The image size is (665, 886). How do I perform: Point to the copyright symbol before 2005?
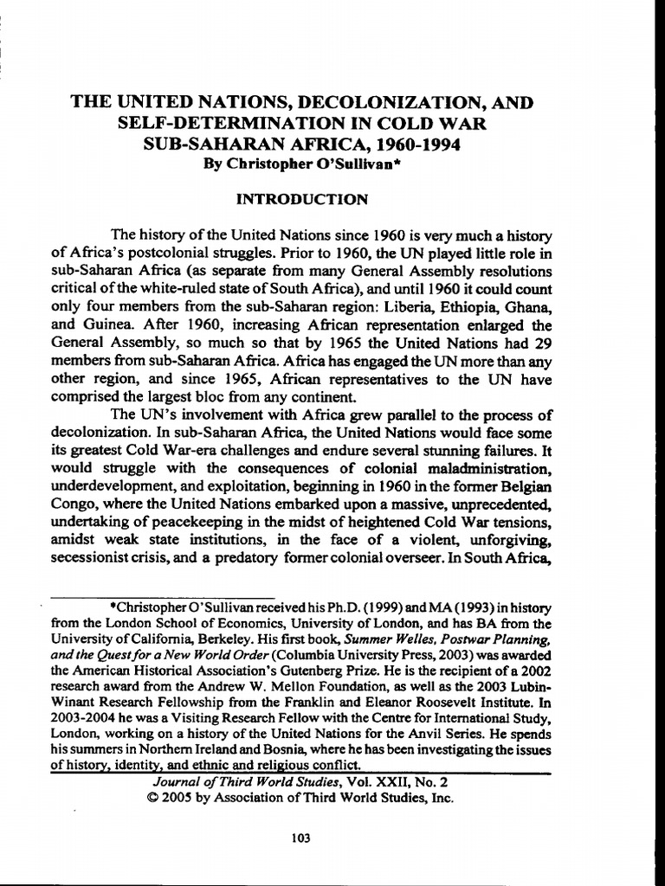(x=154, y=799)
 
